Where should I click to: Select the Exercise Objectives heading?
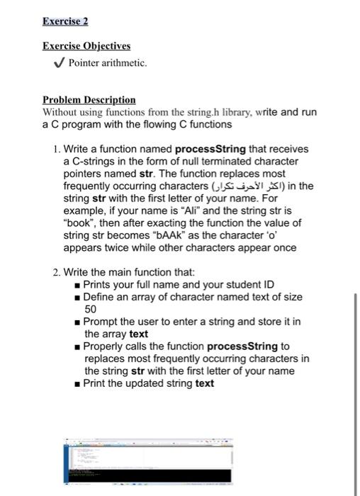tap(86, 46)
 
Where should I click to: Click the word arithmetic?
tap(127, 64)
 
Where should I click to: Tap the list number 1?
tap(56, 150)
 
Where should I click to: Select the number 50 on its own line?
tap(91, 309)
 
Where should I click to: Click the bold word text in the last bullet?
tap(205, 383)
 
